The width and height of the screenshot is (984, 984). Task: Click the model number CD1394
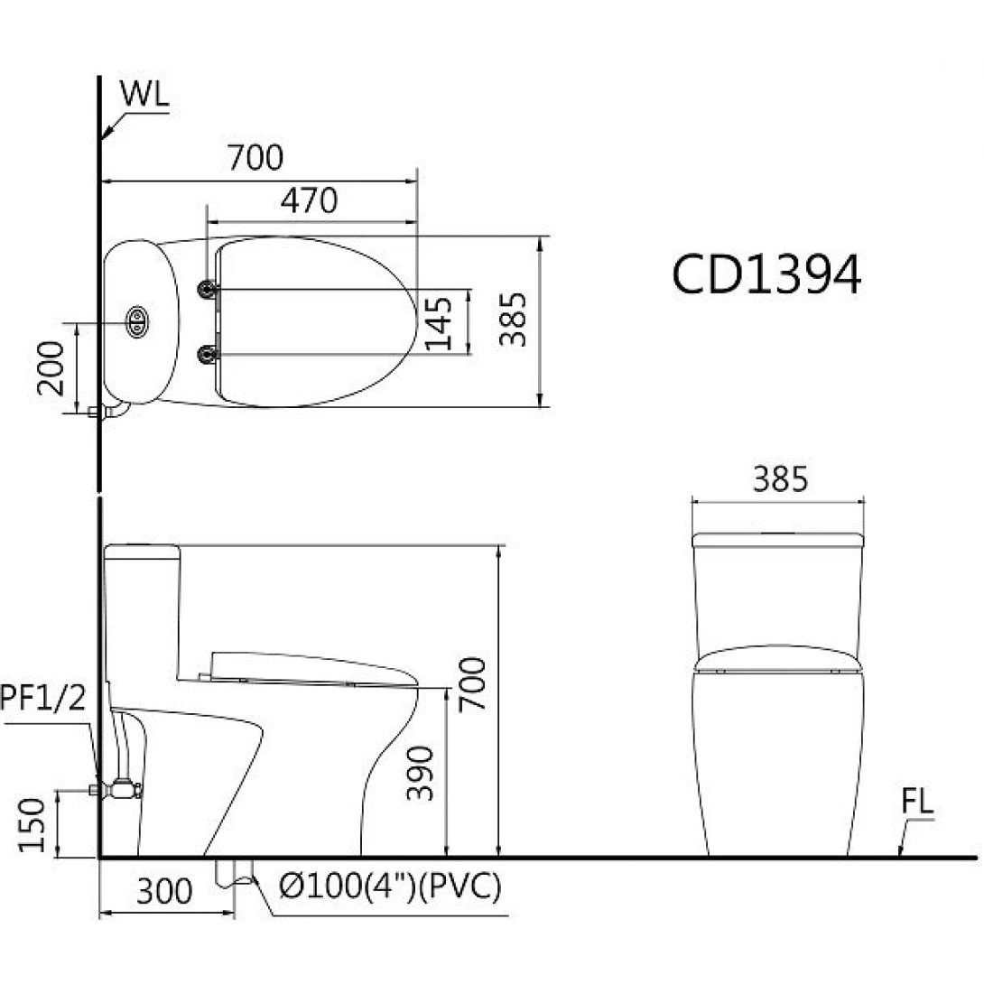[766, 274]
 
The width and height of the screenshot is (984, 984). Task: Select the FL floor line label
[916, 803]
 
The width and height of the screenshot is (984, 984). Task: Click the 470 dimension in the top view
[309, 200]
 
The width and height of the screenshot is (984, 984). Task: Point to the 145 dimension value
[440, 322]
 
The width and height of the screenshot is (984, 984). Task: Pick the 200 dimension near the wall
[51, 367]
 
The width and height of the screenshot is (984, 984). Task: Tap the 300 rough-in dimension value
[164, 892]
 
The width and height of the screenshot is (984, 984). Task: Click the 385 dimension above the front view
[779, 480]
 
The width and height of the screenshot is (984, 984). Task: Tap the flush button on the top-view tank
[137, 321]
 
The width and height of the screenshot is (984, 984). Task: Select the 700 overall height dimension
[474, 682]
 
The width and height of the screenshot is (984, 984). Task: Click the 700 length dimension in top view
[255, 158]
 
